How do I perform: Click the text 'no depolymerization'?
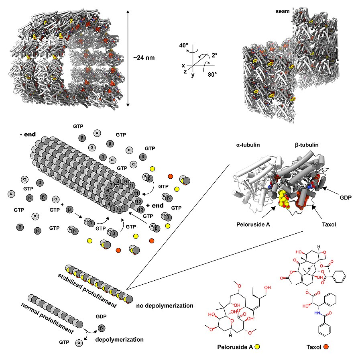165,306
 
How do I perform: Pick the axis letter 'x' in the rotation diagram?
183,65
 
